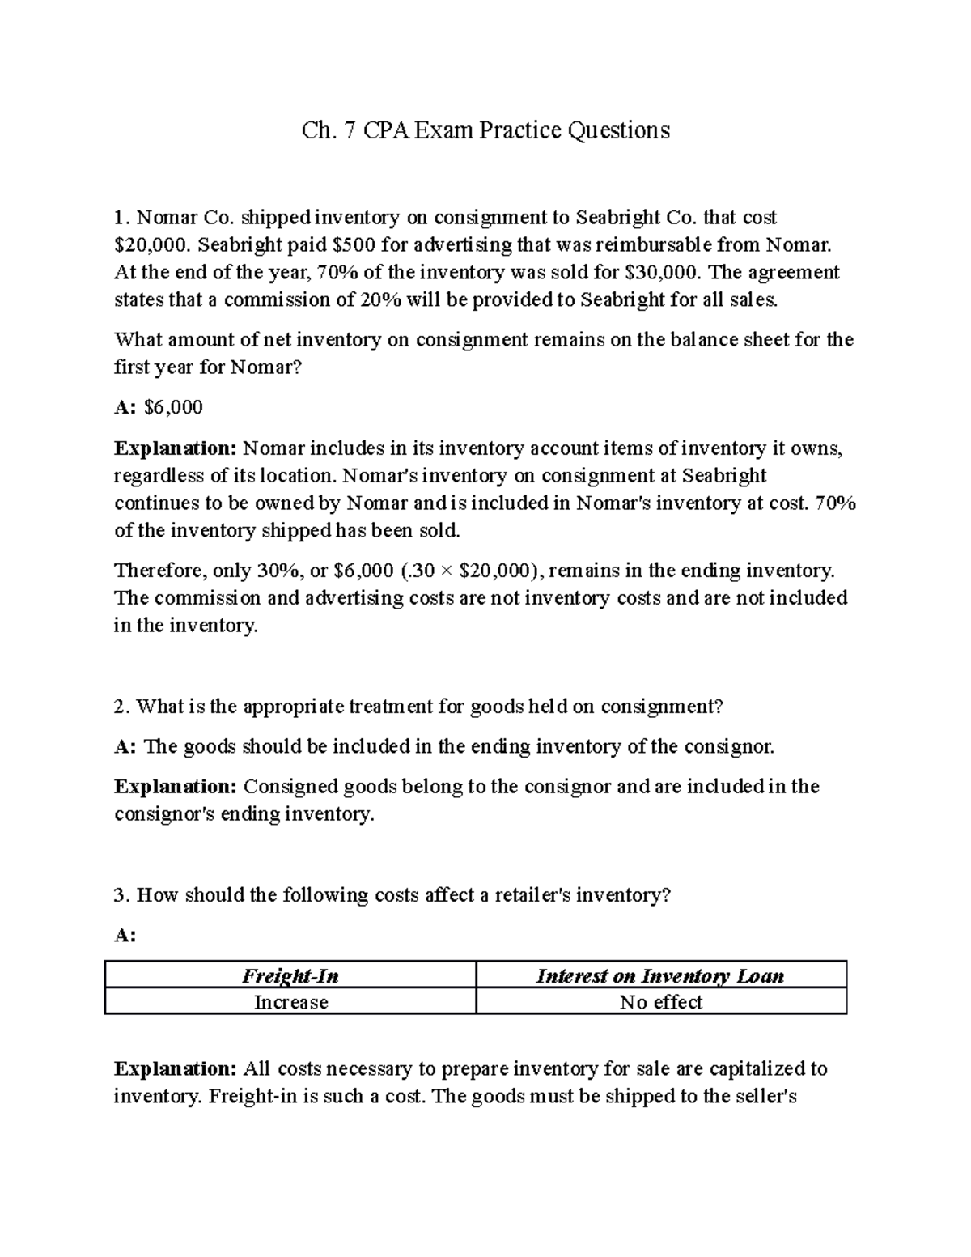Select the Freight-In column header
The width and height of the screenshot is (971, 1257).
pos(290,976)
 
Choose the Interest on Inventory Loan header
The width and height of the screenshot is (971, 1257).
pos(660,976)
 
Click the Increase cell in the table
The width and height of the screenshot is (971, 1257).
pos(290,1002)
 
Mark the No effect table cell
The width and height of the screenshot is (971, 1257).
pos(660,1002)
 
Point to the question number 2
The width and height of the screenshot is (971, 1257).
pos(121,707)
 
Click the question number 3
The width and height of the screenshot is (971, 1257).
pos(121,895)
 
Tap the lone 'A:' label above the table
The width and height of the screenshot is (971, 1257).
pos(125,936)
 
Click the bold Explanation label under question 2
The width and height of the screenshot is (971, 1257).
pos(176,787)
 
